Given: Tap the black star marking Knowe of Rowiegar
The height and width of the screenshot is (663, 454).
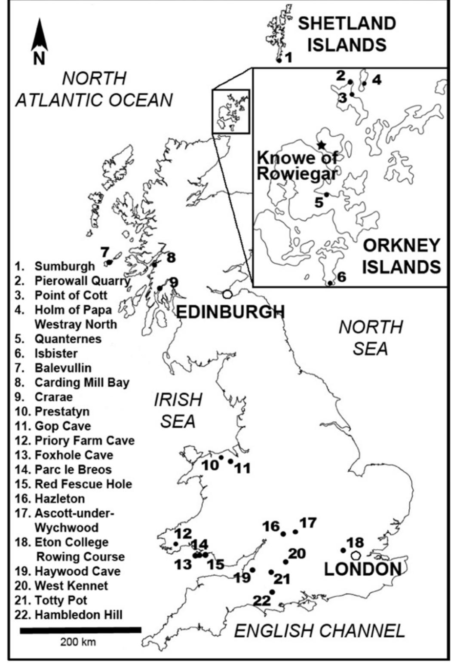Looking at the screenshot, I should tap(320, 145).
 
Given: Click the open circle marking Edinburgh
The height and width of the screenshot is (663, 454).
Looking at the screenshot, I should tap(227, 294).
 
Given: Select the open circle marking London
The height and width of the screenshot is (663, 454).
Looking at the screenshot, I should tap(355, 555).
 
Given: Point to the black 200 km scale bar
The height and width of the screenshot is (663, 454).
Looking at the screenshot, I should tap(80, 630).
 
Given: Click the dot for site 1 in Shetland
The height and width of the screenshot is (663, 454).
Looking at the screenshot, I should tap(279, 60).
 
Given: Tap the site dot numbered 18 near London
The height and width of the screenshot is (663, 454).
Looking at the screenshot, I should tap(343, 550).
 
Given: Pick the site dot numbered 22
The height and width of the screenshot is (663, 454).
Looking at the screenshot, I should tap(272, 592).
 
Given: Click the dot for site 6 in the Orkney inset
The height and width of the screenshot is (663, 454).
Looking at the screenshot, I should tap(330, 283).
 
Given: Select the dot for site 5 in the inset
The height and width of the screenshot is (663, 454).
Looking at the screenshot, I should tap(326, 194).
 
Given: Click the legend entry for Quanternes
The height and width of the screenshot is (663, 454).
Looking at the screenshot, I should tap(58, 339).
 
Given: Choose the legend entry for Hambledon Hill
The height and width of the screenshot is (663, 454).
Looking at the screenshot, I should tap(69, 615).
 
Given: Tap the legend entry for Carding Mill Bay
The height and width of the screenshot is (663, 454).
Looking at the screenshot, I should tap(72, 382).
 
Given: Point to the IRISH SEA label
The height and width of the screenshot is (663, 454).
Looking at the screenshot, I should tap(178, 411).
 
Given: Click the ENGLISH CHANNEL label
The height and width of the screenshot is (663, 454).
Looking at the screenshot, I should tap(319, 631).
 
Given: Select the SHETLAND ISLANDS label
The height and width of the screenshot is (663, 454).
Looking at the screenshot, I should tap(347, 34).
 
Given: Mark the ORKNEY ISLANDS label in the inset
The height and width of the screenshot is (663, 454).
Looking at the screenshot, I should tap(401, 256).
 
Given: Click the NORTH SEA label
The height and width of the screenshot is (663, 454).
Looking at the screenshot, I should tap(371, 338).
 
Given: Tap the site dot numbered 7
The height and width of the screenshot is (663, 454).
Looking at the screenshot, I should tap(110, 262).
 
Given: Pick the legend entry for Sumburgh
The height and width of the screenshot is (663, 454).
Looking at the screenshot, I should tap(55, 266).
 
